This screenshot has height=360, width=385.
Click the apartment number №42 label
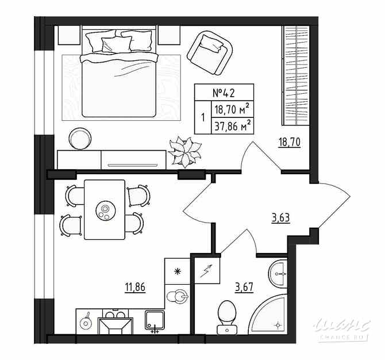tap(224, 93)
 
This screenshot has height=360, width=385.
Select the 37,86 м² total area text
tap(233, 125)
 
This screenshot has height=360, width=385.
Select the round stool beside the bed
tap(79, 139)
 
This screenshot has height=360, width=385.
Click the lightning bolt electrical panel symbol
tap(205, 270)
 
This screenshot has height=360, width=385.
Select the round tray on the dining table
tap(105, 210)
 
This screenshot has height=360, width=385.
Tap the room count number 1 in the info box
tap(203, 117)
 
